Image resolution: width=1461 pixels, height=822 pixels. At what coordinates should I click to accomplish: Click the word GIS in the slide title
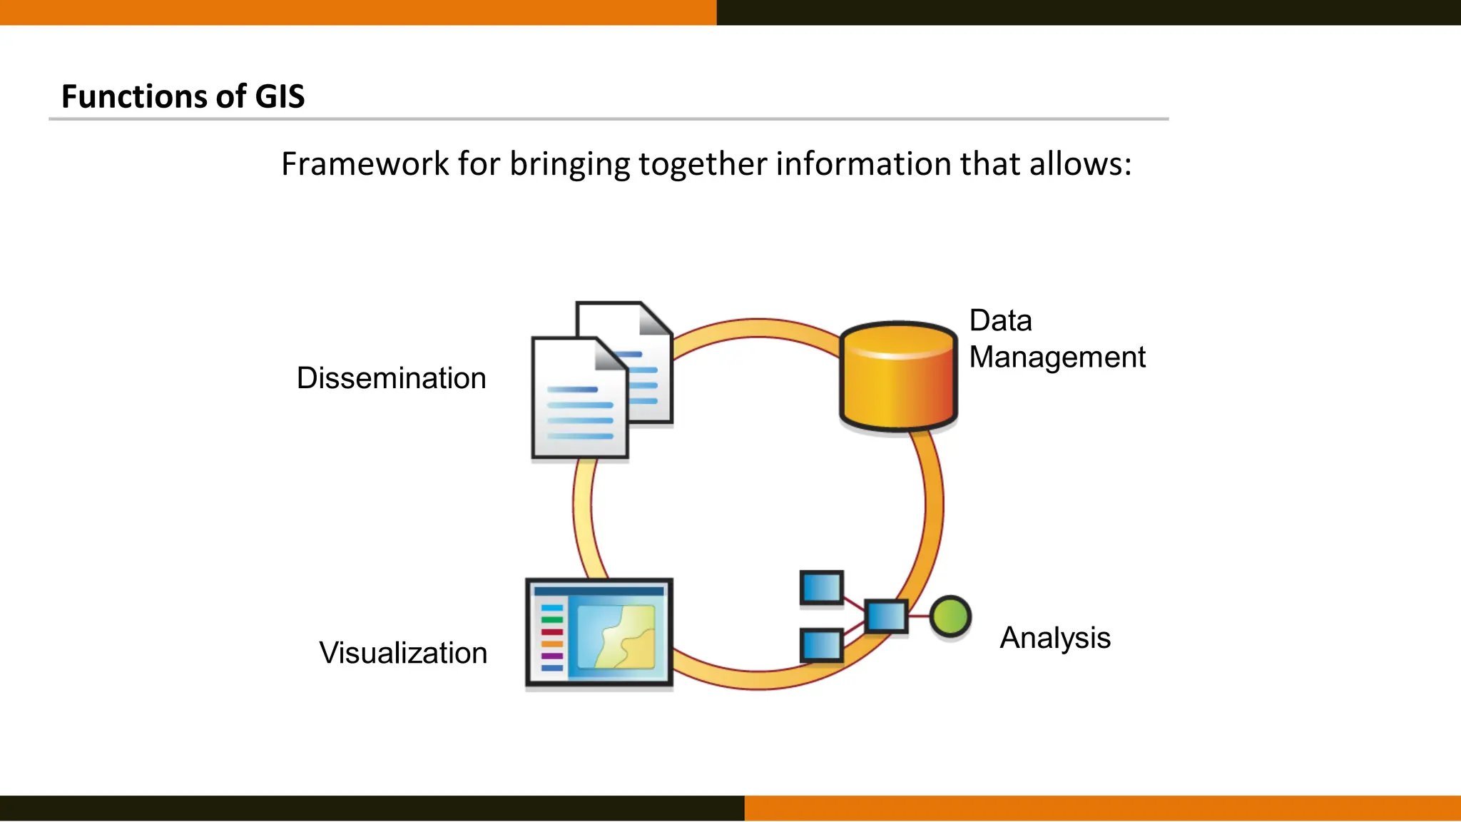coord(280,96)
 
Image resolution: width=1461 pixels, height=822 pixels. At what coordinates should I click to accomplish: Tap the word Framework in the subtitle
coord(365,164)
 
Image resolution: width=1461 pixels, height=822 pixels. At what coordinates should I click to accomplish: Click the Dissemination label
coord(391,378)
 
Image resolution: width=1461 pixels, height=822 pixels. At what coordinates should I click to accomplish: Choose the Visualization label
coord(403,653)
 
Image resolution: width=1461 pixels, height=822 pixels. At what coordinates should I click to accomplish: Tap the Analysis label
coord(1055,638)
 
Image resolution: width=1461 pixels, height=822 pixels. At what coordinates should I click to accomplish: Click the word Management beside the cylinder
coord(1057,357)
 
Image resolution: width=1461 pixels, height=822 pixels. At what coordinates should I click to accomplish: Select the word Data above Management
coord(1000,321)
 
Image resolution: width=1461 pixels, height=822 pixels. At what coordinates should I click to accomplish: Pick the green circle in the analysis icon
coord(950,616)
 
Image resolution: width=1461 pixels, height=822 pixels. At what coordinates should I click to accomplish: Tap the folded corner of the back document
coord(655,318)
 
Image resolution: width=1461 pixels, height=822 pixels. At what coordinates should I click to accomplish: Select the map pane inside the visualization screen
coord(616,636)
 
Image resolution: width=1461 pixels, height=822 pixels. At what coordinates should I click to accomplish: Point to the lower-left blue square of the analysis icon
coord(822,645)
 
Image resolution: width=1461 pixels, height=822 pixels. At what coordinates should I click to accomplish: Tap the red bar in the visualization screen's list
coord(552,632)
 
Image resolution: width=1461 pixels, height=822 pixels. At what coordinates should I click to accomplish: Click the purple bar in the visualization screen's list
coord(552,656)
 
